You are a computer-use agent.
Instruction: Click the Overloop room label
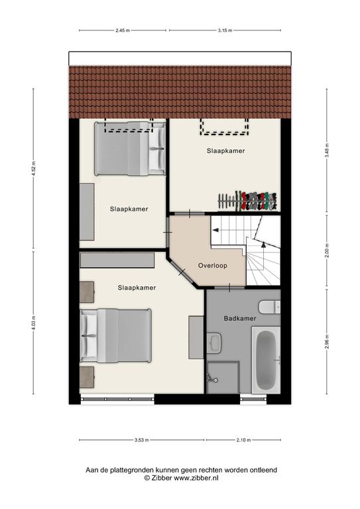213,266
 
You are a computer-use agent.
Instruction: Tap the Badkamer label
240,318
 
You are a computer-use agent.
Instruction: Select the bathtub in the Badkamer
266,360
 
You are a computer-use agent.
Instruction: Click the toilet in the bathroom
269,307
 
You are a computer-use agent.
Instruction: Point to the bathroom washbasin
214,342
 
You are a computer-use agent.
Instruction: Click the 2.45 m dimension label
123,30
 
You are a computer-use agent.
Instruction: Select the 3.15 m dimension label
225,30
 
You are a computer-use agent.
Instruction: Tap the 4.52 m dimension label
33,169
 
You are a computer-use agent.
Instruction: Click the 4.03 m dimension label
33,323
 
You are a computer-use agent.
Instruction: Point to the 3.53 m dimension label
141,440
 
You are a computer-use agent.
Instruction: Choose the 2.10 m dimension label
243,440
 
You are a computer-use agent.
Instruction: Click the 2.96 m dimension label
327,341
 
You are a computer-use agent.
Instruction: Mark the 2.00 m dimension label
327,251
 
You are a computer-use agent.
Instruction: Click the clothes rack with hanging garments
248,201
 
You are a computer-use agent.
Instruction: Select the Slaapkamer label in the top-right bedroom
225,151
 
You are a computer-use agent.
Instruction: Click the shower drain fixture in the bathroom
212,378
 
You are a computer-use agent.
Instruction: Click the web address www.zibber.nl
196,478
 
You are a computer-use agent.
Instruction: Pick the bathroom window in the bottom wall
253,399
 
